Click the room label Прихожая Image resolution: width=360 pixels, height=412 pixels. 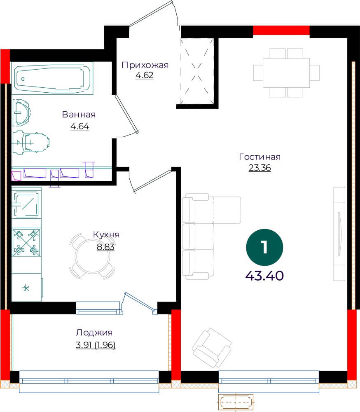point(145,65)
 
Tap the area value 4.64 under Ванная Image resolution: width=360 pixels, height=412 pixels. point(80,126)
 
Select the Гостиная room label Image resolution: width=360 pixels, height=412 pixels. point(259,157)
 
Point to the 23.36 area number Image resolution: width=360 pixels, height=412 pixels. point(259,168)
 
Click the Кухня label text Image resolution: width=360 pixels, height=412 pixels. point(106,234)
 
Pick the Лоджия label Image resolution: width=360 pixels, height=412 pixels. point(94,332)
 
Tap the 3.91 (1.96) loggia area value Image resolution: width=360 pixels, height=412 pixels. point(96,345)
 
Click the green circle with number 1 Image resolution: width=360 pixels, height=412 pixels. point(264,247)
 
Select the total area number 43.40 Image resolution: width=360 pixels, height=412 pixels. point(264,276)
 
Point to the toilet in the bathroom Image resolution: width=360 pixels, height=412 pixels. point(31,143)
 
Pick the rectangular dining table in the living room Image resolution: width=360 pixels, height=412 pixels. point(286,73)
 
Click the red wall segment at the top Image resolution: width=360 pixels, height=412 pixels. point(281,30)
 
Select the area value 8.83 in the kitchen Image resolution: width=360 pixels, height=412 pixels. point(105,247)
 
